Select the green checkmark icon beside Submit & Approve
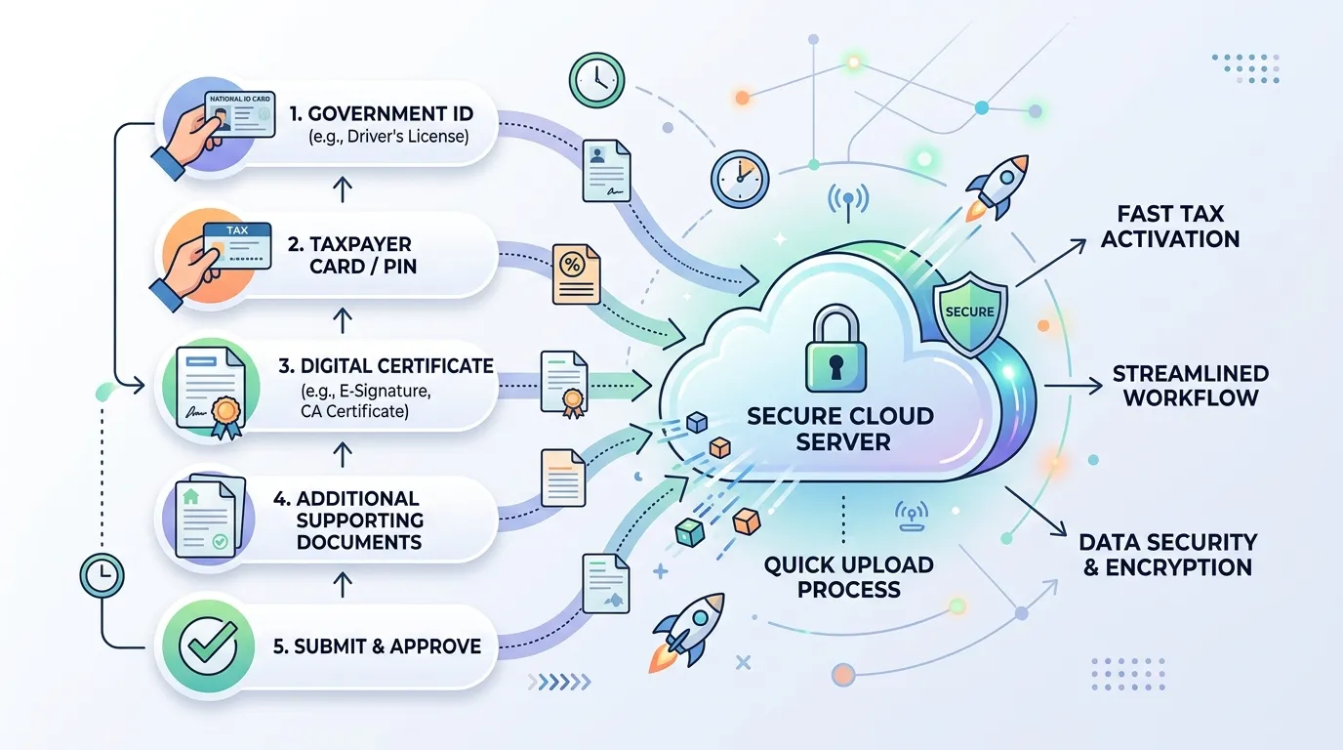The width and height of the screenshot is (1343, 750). (209, 646)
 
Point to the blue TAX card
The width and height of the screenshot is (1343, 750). (237, 245)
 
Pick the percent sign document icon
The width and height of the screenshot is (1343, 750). (576, 273)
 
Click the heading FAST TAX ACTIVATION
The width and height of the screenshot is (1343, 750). (1169, 227)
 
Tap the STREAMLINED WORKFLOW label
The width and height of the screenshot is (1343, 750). (1191, 385)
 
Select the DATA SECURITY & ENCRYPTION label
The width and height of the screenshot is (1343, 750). (1168, 555)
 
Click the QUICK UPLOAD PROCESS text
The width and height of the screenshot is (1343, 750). (848, 576)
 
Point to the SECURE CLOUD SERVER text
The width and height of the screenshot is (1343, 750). (840, 429)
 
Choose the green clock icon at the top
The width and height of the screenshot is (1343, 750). (596, 80)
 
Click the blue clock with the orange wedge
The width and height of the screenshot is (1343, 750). (740, 179)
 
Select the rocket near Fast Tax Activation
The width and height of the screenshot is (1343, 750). (996, 187)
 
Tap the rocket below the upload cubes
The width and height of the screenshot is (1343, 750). (687, 632)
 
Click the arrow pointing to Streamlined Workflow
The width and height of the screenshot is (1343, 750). (1074, 386)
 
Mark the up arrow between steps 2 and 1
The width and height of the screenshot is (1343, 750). (342, 188)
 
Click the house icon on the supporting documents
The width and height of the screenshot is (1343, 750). (190, 496)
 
